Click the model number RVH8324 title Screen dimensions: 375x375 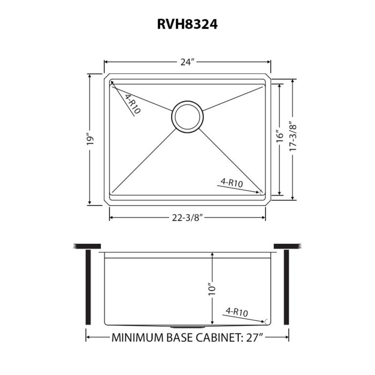(x=187, y=24)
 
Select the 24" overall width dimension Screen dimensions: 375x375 (x=186, y=62)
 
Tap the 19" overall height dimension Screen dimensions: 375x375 (x=92, y=140)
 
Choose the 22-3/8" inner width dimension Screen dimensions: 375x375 (x=187, y=217)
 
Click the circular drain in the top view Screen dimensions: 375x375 (x=187, y=114)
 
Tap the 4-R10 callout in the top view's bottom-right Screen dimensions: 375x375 (x=231, y=183)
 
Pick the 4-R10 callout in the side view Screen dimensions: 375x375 (x=236, y=311)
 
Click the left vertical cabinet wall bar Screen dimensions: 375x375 (x=87, y=287)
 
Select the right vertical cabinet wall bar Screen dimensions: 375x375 (x=287, y=287)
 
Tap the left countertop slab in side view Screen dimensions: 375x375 (x=87, y=246)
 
